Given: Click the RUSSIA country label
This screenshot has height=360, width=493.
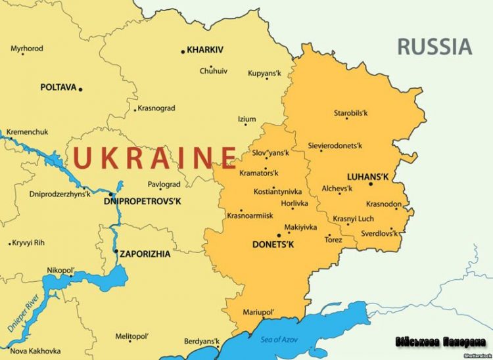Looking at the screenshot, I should click(434, 47).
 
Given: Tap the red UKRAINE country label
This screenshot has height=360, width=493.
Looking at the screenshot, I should click(154, 158).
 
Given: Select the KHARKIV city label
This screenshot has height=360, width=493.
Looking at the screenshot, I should click(205, 49).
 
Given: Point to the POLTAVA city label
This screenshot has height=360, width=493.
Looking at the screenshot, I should click(58, 87).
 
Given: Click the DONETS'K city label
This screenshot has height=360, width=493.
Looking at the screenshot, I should click(273, 244).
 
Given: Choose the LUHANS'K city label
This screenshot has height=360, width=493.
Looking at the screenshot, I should click(367, 177).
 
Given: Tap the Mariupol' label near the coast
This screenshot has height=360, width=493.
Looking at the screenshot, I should click(258, 311).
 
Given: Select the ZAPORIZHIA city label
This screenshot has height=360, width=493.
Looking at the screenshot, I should click(145, 253).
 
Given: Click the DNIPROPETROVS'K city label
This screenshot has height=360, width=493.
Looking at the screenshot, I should click(142, 201).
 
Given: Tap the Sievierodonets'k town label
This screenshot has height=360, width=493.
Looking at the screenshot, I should click(336, 145).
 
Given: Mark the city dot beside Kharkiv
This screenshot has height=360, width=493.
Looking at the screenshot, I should click(183, 51).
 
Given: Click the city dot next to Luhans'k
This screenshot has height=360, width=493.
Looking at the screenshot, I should click(370, 184).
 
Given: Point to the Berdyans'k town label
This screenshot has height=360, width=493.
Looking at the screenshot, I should click(201, 342).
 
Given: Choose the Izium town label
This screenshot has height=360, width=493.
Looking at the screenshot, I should click(246, 119).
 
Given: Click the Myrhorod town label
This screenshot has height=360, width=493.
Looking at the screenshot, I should click(27, 49).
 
